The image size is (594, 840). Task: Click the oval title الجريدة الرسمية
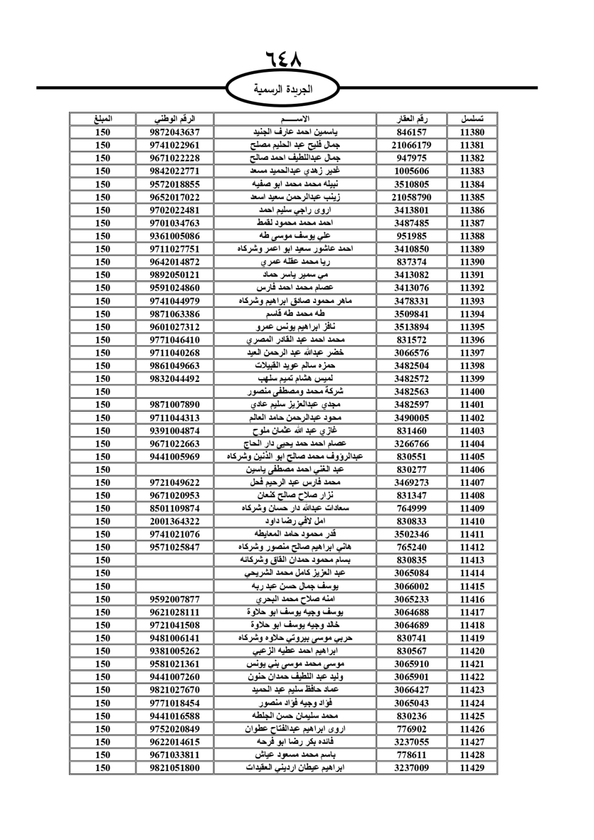pos(283,90)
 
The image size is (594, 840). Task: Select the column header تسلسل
pos(472,119)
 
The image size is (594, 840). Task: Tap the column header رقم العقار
pos(411,119)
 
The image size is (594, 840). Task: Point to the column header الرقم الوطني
pos(175,119)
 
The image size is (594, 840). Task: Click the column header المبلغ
pos(103,119)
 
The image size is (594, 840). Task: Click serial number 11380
pos(472,132)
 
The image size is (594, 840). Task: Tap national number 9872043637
pos(175,132)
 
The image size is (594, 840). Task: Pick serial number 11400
pos(472,392)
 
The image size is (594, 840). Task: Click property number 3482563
pos(411,392)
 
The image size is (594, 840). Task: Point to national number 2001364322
pos(175,522)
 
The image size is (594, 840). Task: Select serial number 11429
pos(472,768)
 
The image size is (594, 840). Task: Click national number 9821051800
pos(175,768)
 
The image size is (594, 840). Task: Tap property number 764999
pos(411,509)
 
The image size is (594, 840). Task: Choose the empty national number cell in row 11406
pos(175,470)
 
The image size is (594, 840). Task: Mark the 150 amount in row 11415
pos(103,586)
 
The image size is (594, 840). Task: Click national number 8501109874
pos(175,509)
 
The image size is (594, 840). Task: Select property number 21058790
pos(411,197)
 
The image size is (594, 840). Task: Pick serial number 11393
pos(472,301)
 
